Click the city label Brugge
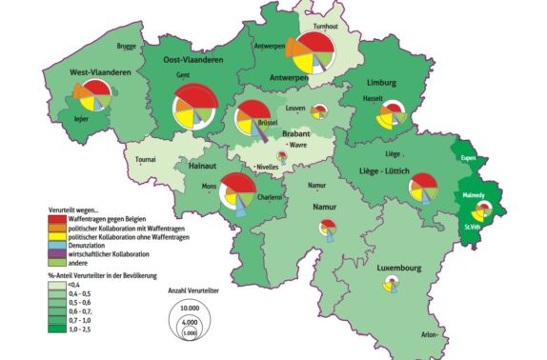click(x=127, y=45)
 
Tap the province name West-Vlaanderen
click(x=99, y=72)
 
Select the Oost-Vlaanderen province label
click(x=193, y=59)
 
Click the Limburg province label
click(x=385, y=85)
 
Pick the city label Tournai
click(x=145, y=160)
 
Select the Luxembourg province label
click(x=397, y=270)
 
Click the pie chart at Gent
click(x=195, y=109)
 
